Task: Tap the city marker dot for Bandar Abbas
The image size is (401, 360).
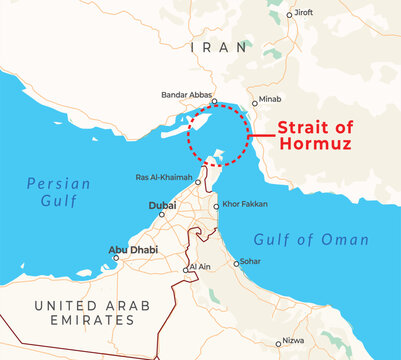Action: point(214,101)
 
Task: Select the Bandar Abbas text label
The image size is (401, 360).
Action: point(187,95)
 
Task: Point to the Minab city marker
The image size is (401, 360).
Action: point(253,101)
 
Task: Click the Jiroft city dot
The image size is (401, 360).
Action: point(290,14)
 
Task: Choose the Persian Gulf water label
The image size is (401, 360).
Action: point(58,191)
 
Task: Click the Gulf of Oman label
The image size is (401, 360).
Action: point(311,240)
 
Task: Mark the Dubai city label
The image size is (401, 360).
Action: point(162,206)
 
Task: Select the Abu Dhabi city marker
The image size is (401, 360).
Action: point(116,257)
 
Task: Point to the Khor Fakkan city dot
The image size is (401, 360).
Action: point(216,207)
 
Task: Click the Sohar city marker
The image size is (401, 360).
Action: point(236,263)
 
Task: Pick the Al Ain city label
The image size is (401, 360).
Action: point(198,268)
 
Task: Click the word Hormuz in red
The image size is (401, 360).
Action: point(315,145)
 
